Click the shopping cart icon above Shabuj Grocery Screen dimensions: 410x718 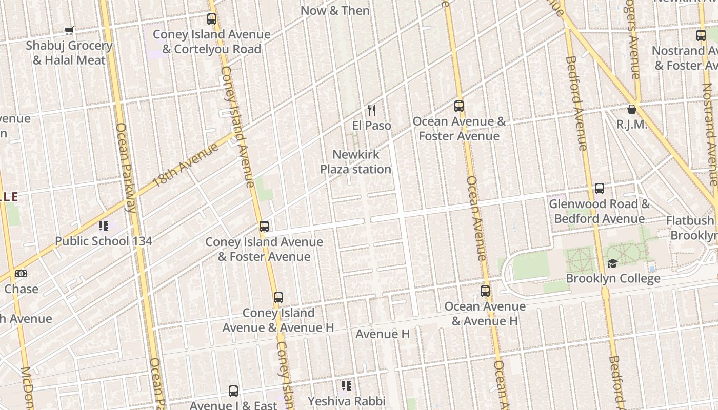[69, 31]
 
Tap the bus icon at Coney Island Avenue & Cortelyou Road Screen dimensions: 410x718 [211, 19]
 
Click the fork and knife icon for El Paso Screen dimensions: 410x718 [372, 110]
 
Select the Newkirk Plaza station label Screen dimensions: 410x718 [355, 162]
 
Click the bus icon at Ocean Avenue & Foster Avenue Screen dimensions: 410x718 [459, 106]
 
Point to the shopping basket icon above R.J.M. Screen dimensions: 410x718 [632, 109]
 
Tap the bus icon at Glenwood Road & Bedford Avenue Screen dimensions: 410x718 [599, 189]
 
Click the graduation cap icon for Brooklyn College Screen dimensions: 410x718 [612, 263]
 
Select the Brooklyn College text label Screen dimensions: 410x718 [613, 279]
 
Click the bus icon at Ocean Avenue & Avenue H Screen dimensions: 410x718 [485, 291]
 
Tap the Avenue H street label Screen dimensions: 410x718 [383, 334]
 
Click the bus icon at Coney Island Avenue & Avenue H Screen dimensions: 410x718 [278, 297]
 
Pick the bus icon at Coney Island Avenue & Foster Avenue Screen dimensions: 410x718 [264, 226]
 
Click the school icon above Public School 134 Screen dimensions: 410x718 [104, 226]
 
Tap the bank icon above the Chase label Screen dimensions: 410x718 [21, 274]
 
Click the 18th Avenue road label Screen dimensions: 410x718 [186, 165]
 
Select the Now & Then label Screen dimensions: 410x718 [335, 10]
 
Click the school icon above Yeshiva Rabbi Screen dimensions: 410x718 [347, 385]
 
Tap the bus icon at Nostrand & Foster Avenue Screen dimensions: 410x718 [701, 35]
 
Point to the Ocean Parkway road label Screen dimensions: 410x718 [126, 167]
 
